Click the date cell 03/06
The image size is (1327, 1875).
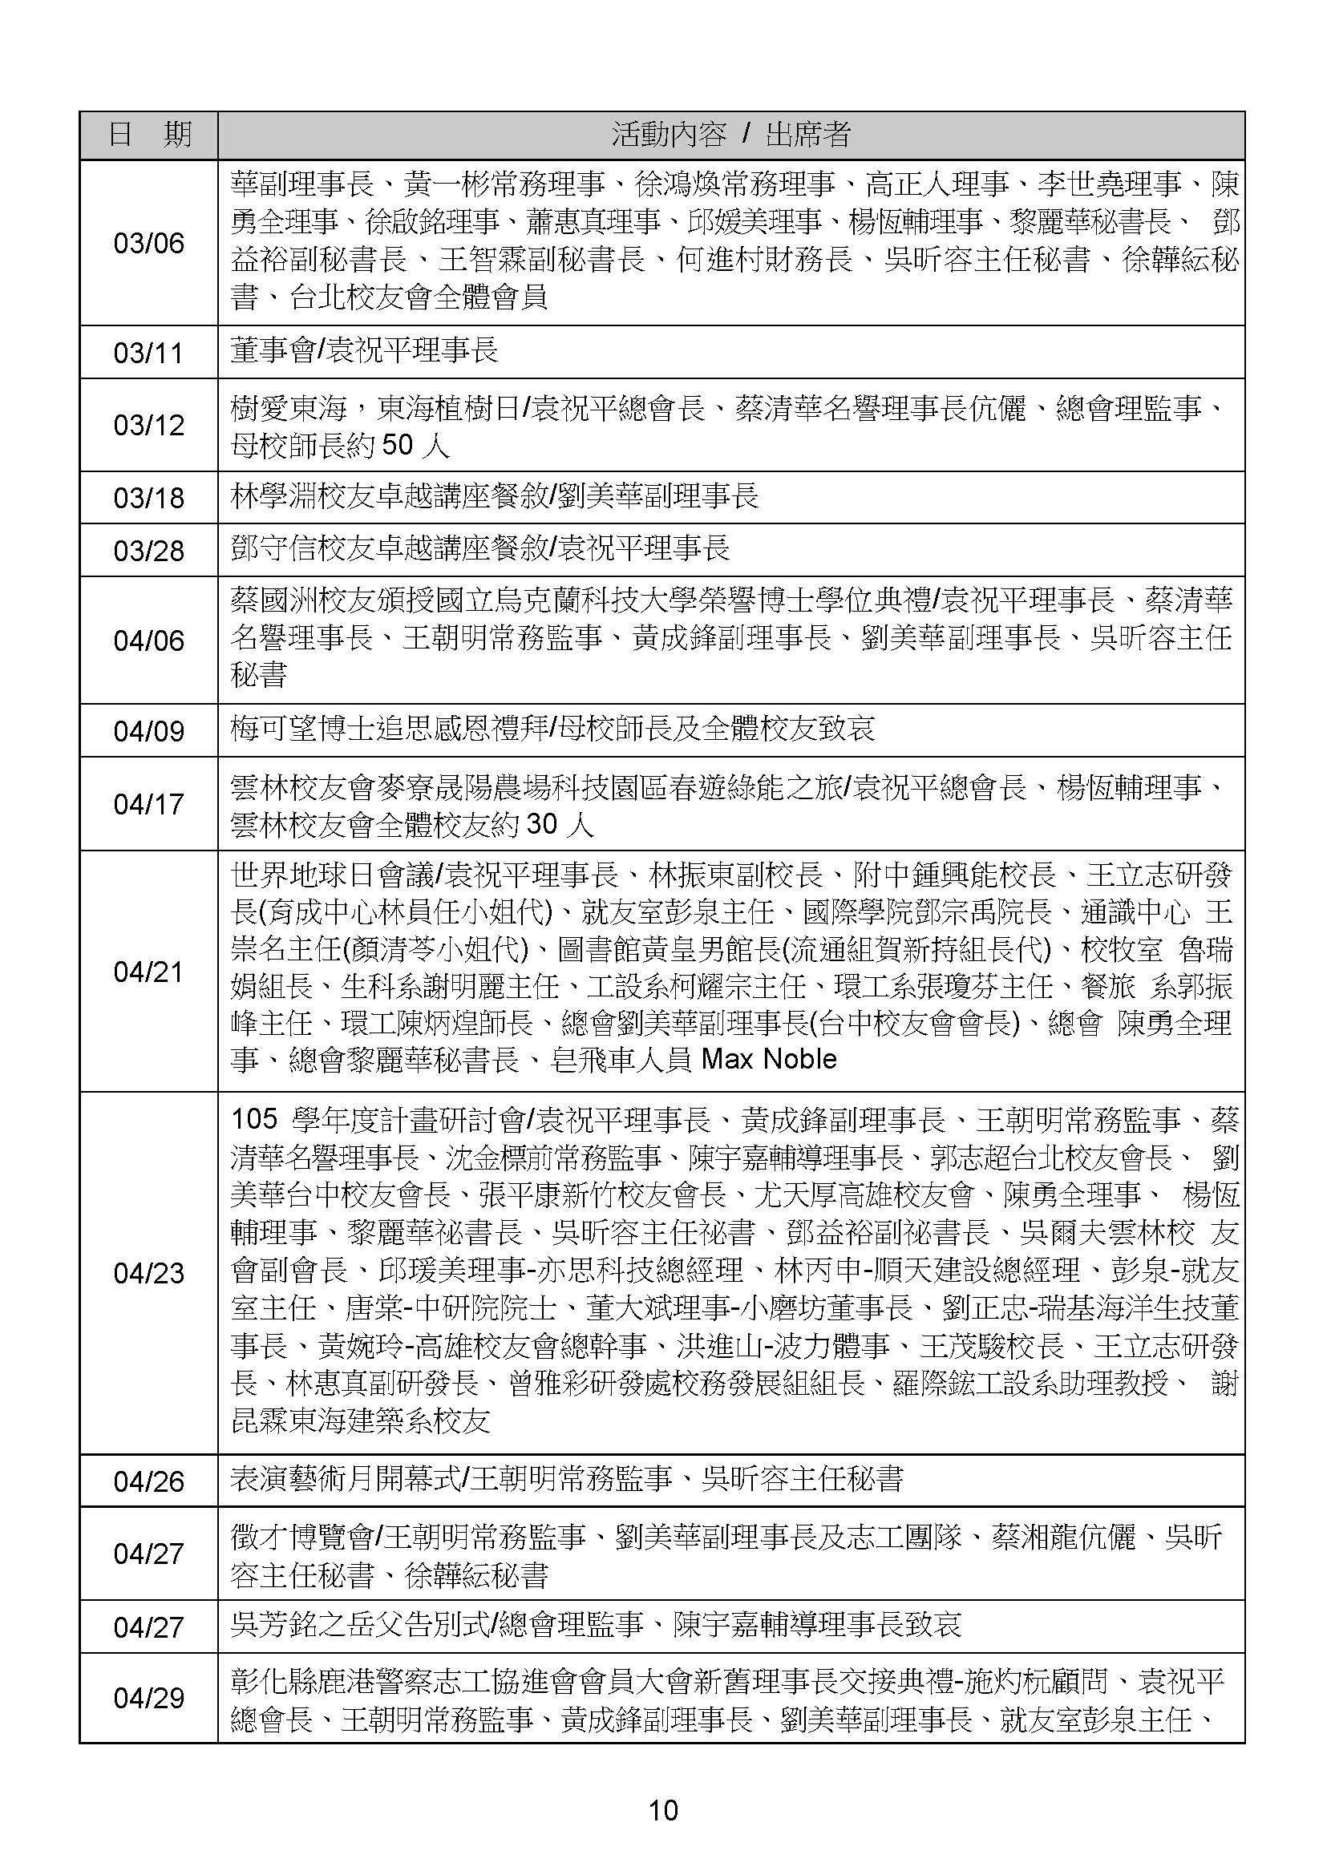pos(148,244)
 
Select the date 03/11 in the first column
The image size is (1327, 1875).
pos(148,353)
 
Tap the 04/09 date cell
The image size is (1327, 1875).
pos(148,731)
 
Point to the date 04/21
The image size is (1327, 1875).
pos(148,972)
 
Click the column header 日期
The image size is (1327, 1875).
pos(148,135)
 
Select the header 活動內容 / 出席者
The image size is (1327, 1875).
pos(730,135)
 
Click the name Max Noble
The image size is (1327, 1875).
pos(769,1060)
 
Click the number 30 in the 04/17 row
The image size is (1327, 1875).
pos(542,824)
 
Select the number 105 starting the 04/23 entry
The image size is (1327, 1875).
pos(254,1120)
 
